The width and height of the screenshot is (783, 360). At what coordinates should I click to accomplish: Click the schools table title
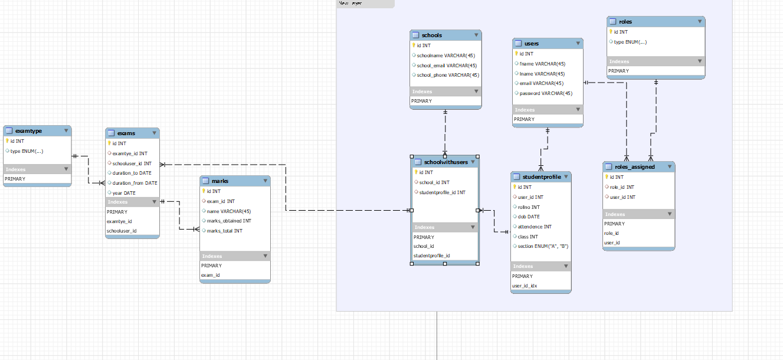432,35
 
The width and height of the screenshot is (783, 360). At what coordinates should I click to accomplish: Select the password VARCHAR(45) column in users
546,93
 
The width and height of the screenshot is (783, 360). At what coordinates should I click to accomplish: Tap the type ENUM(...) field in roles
630,42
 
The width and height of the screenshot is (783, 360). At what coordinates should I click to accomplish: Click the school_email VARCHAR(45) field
447,66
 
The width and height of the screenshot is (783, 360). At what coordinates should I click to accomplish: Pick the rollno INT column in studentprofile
529,207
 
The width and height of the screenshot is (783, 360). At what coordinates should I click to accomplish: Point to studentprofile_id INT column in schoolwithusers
442,192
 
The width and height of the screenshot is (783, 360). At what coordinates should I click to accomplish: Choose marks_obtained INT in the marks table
229,221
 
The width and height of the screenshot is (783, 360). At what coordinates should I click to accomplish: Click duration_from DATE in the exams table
135,183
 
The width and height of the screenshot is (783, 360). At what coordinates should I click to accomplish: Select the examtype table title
28,131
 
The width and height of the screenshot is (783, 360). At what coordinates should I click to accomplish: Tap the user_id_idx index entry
525,286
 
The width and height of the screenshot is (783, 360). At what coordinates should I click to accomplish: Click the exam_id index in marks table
210,276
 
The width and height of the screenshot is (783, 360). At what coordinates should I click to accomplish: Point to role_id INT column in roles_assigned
622,187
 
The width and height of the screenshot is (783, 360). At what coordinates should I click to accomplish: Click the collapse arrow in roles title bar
699,22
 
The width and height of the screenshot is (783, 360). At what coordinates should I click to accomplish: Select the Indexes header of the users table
525,110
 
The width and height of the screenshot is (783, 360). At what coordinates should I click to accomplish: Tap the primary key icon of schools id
414,45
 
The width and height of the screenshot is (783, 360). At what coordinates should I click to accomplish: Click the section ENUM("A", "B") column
543,247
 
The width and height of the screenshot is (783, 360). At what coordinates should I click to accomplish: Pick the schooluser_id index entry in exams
122,231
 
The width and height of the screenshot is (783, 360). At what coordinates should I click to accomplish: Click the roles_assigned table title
634,167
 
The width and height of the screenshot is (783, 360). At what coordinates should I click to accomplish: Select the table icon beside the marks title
205,181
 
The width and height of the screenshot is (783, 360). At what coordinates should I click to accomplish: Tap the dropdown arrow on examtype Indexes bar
66,169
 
